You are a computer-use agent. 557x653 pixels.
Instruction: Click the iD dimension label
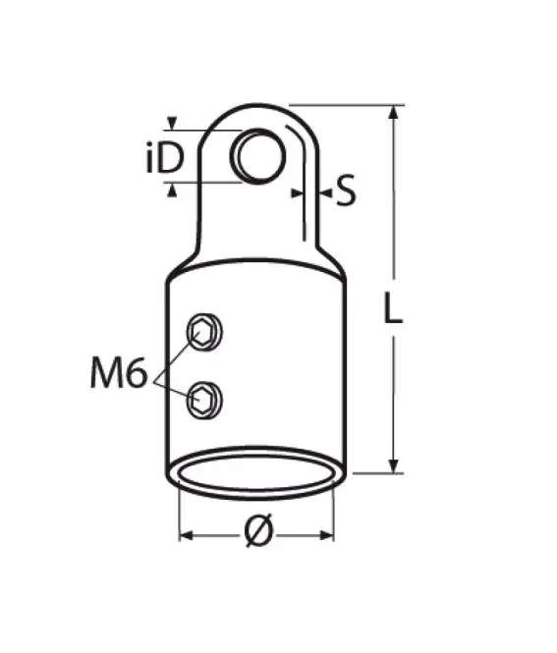(165, 158)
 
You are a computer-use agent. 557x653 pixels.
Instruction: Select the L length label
(393, 307)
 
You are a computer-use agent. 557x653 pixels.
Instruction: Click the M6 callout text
(119, 373)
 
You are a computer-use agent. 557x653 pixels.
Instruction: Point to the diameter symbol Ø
(259, 530)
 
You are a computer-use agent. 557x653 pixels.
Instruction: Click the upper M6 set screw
(203, 332)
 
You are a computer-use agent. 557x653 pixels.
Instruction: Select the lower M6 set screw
(204, 400)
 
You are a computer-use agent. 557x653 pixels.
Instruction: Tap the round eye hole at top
(258, 156)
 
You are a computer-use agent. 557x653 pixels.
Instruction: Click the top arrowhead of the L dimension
(393, 113)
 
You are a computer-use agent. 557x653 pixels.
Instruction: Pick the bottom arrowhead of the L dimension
(393, 465)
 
